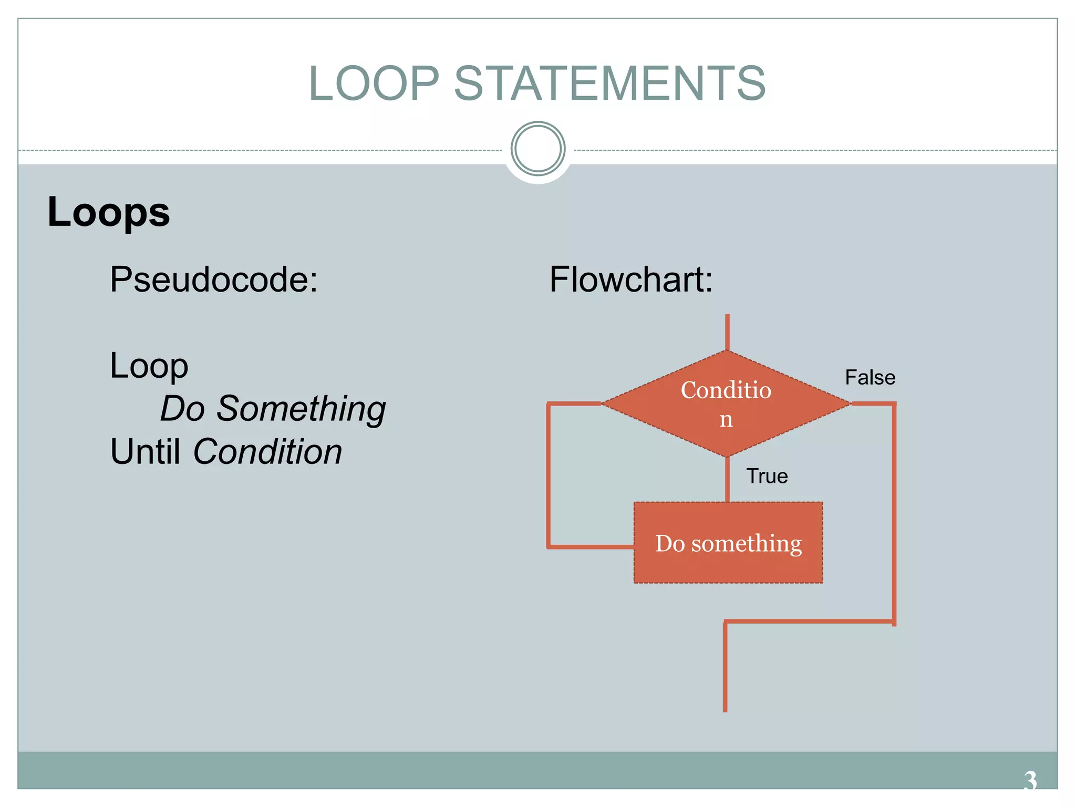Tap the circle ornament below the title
(x=537, y=149)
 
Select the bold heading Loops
(x=109, y=212)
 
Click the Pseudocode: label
(x=214, y=279)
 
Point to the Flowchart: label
(x=631, y=279)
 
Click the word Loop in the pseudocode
(x=149, y=366)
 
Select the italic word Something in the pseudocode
(x=301, y=408)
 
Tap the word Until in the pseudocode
(x=145, y=451)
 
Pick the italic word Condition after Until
(x=267, y=451)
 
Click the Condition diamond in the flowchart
(x=726, y=403)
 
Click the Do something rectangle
(x=728, y=543)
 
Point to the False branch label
(x=870, y=377)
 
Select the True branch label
(x=767, y=476)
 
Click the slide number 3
(x=1030, y=780)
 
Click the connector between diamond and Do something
(x=727, y=479)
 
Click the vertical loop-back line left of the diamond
(x=549, y=475)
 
